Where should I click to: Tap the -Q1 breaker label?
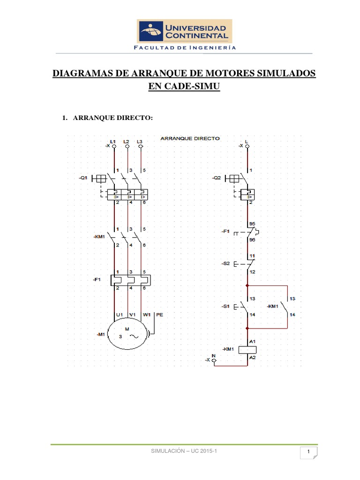(83, 178)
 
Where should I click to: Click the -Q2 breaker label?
(216, 178)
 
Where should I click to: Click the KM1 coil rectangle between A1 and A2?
(247, 349)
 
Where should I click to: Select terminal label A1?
(252, 341)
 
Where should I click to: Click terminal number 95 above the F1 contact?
(252, 224)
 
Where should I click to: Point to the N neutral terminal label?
(214, 355)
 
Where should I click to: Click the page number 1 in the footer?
(309, 451)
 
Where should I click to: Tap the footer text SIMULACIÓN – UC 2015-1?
(185, 450)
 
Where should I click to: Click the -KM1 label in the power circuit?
(99, 237)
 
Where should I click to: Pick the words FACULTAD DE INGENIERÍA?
(185, 47)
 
